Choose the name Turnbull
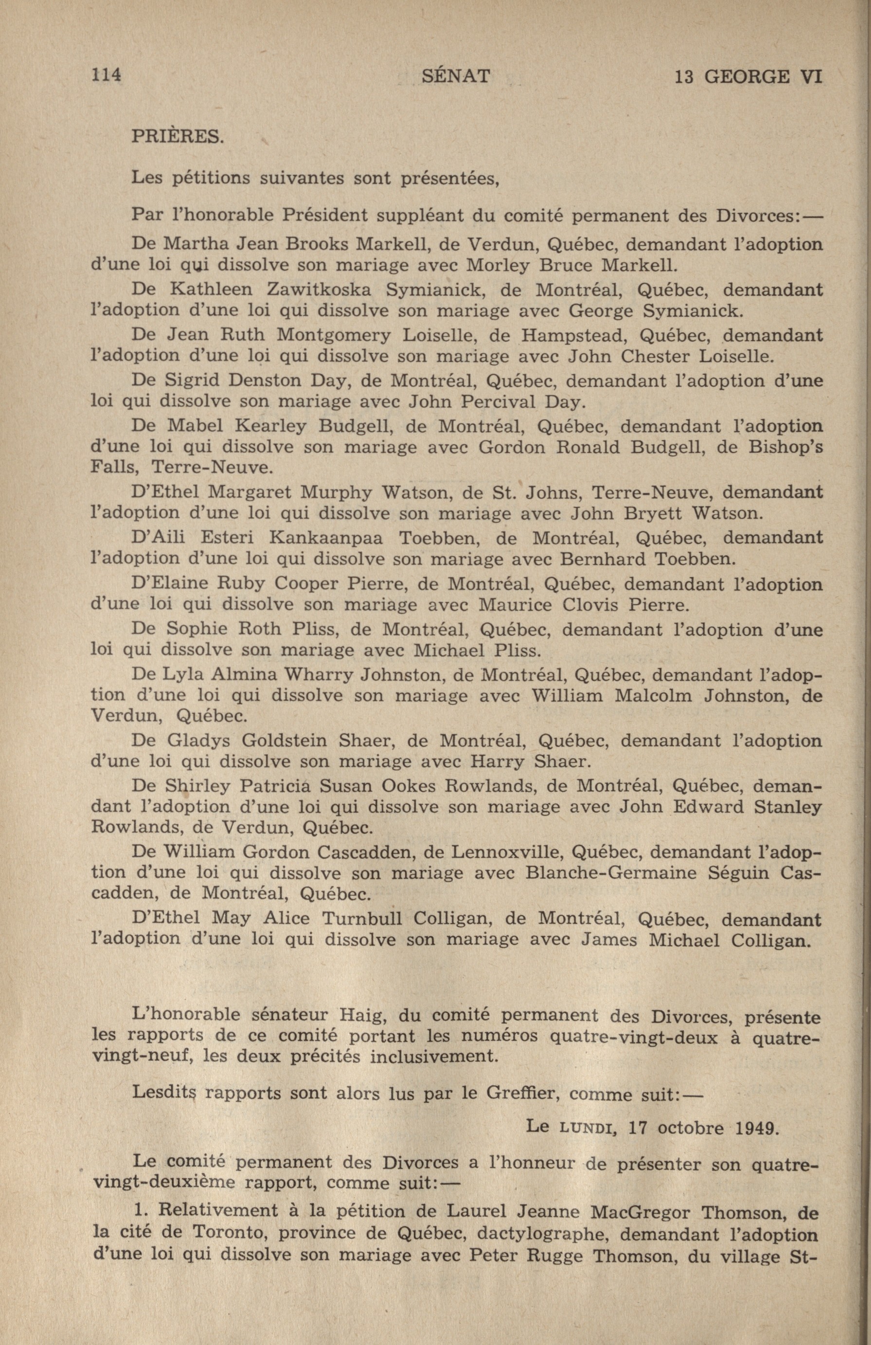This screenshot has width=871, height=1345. [x=361, y=919]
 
